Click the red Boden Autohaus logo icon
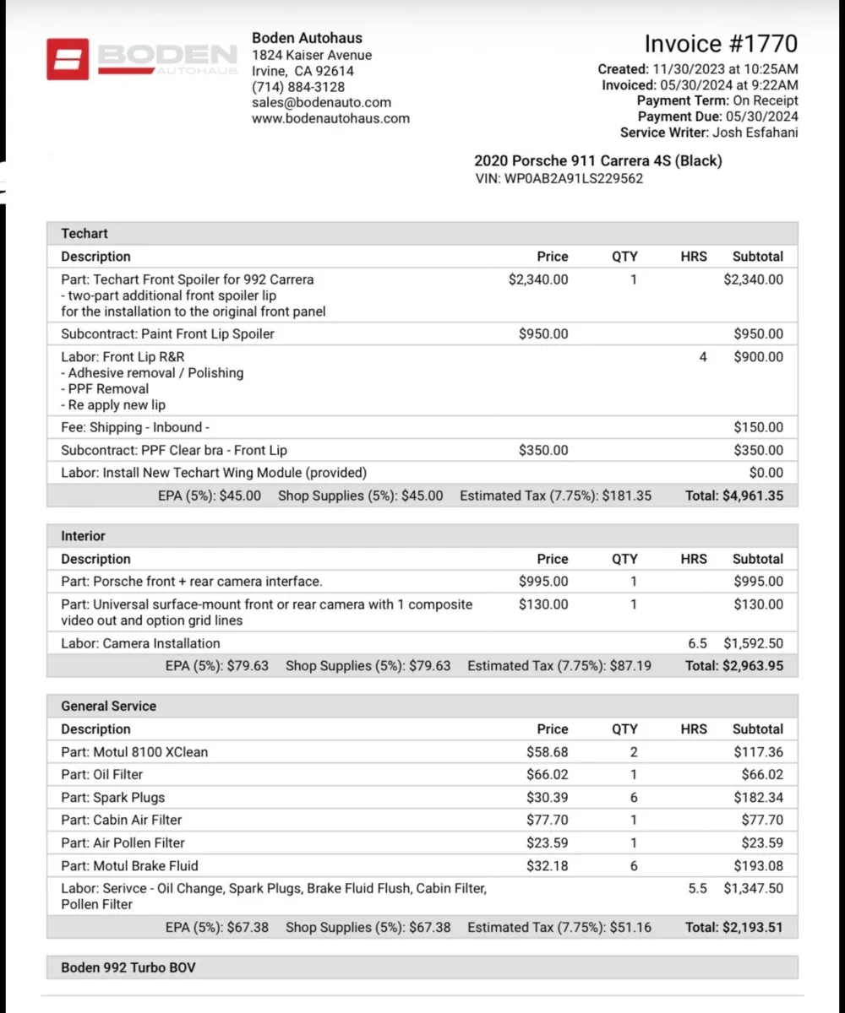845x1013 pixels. (68, 59)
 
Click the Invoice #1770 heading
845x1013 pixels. (721, 44)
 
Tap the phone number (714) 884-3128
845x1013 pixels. (298, 87)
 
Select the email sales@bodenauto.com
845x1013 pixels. (321, 103)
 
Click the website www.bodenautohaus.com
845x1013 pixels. (330, 119)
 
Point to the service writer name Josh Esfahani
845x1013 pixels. (755, 133)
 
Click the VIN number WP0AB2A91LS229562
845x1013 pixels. (574, 179)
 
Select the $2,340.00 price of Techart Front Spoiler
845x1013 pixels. (538, 279)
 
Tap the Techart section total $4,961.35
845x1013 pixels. (753, 496)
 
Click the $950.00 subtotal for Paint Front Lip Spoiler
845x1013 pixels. (758, 334)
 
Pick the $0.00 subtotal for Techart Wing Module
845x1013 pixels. (766, 473)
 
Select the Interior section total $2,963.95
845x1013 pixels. (753, 666)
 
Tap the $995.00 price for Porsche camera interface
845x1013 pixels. (543, 582)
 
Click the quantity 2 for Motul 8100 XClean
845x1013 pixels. (634, 752)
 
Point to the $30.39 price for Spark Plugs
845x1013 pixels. (548, 798)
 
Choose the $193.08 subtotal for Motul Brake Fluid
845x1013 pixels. (758, 866)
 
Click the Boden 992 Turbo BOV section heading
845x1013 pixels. (128, 967)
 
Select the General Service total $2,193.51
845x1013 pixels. (753, 928)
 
